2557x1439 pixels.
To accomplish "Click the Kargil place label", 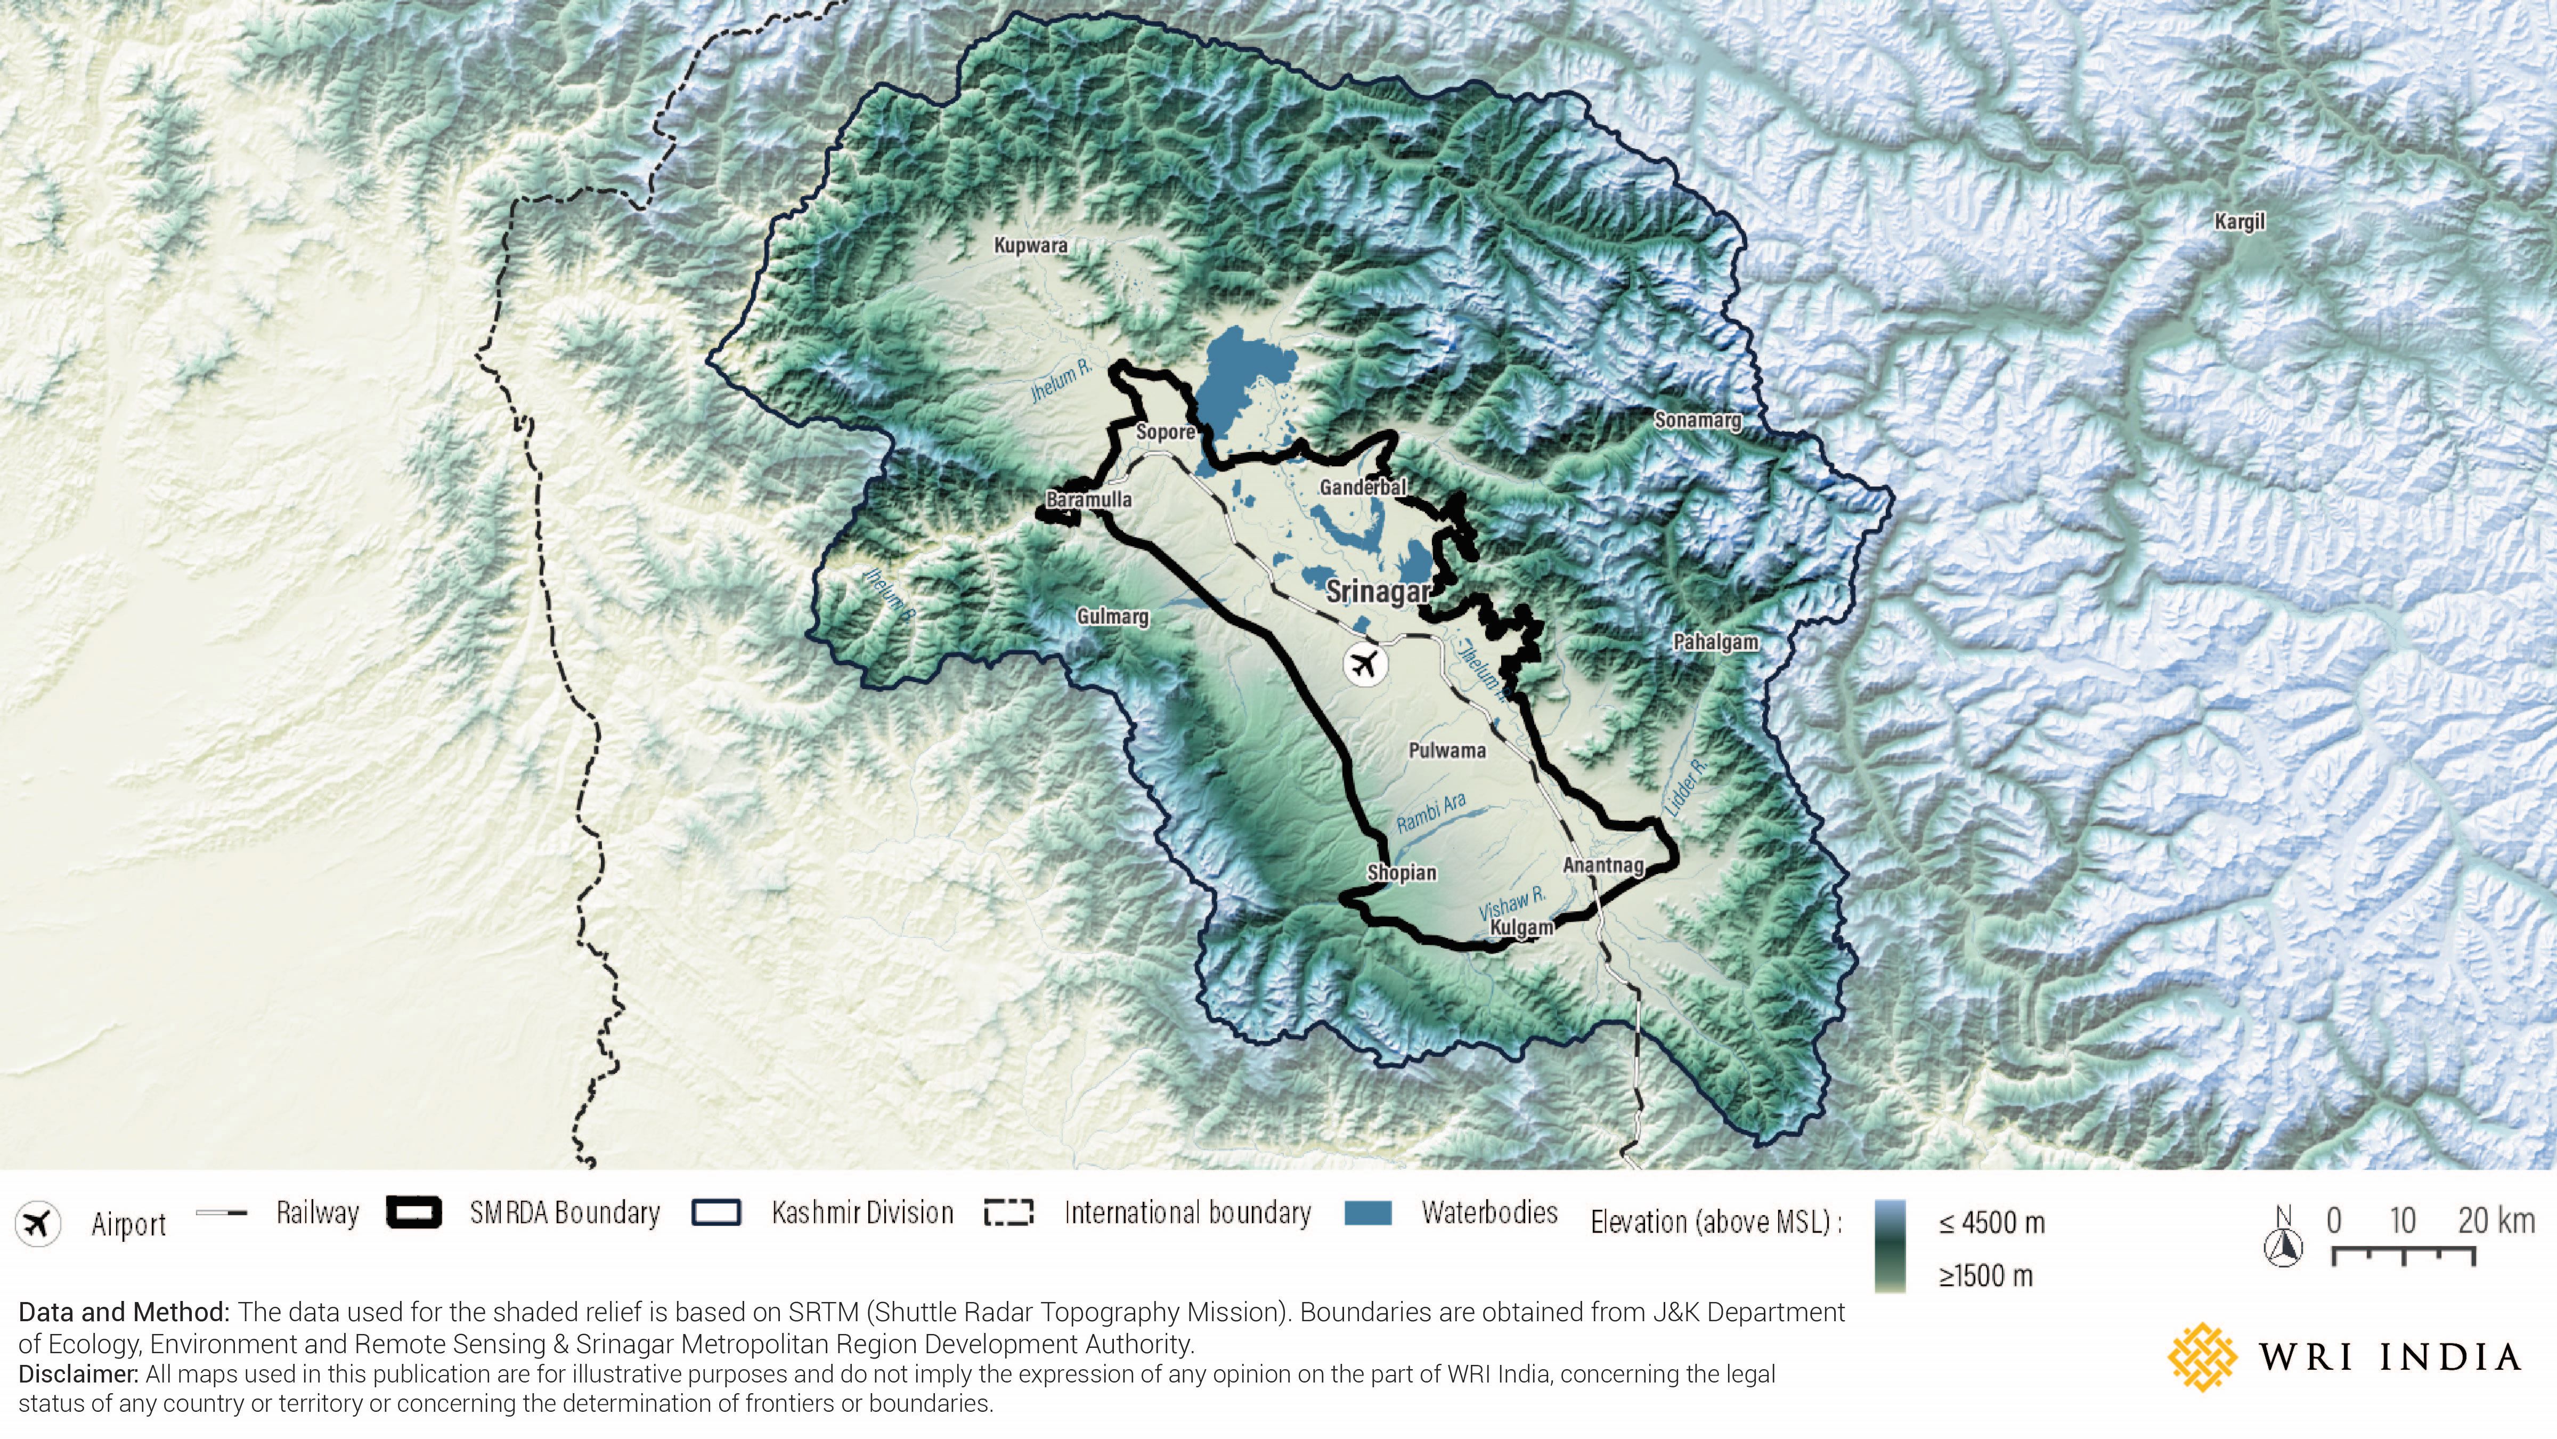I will (2240, 222).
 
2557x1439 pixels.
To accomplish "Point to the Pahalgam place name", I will (1715, 643).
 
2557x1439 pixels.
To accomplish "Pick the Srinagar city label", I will (1378, 592).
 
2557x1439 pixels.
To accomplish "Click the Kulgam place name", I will (1522, 927).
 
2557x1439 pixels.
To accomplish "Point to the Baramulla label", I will (1089, 499).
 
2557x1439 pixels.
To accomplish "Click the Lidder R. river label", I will (1685, 789).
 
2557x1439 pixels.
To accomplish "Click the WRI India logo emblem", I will (2202, 1355).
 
